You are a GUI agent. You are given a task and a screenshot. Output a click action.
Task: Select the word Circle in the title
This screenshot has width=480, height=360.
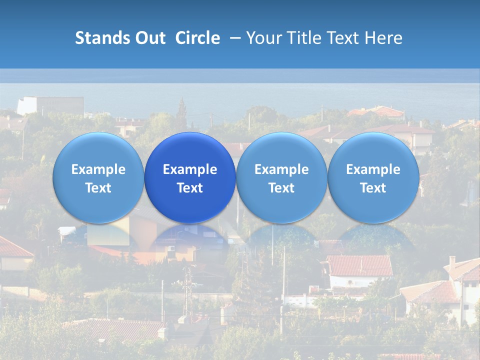pyautogui.click(x=197, y=38)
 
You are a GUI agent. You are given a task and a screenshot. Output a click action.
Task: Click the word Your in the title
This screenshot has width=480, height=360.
pyautogui.click(x=262, y=38)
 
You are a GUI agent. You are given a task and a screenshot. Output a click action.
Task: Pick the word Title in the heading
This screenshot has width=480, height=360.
pyautogui.click(x=301, y=38)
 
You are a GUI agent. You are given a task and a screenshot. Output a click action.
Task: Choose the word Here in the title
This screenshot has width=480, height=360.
pyautogui.click(x=383, y=38)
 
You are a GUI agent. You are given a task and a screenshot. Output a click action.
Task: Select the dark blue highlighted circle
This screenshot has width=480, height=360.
pyautogui.click(x=190, y=177)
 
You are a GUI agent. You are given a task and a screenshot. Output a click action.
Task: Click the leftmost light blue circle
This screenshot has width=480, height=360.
pyautogui.click(x=98, y=177)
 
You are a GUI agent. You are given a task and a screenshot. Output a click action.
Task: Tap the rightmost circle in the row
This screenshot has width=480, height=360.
pyautogui.click(x=373, y=177)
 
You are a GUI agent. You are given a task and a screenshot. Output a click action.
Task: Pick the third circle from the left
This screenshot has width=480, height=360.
pyautogui.click(x=281, y=177)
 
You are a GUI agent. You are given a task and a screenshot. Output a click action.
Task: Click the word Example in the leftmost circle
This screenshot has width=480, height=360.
pyautogui.click(x=98, y=169)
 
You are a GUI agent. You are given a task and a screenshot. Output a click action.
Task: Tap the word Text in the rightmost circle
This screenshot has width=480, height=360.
pyautogui.click(x=373, y=188)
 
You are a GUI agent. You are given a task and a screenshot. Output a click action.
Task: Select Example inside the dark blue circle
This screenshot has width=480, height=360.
pyautogui.click(x=190, y=169)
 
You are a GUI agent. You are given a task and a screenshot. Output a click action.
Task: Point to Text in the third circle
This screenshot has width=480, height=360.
pyautogui.click(x=281, y=188)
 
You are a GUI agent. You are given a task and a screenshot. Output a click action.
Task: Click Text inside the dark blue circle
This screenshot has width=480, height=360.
pyautogui.click(x=190, y=188)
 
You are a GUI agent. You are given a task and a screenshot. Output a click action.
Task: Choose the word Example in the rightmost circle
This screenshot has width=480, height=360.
pyautogui.click(x=373, y=169)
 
